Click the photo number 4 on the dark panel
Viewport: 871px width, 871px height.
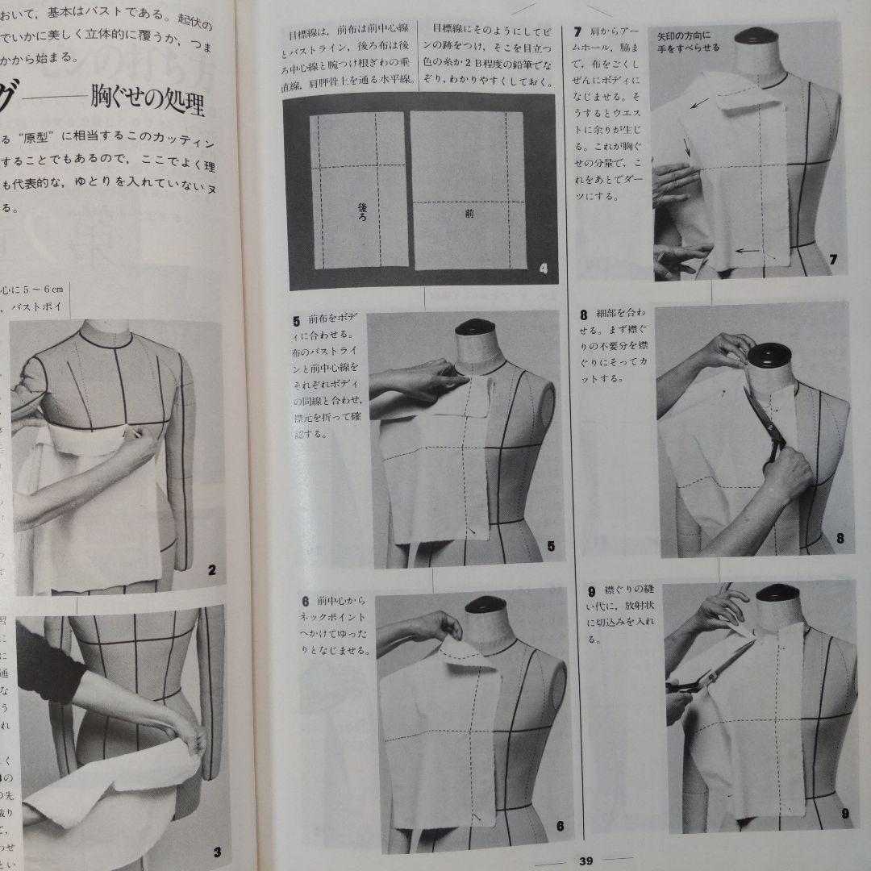pos(543,269)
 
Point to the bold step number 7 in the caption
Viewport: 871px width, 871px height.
pos(577,32)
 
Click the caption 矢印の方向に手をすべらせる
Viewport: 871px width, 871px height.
pos(688,42)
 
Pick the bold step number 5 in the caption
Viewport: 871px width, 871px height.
pos(298,320)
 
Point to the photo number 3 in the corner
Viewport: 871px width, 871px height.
pos(216,829)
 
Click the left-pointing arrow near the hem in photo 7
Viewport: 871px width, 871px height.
pos(748,251)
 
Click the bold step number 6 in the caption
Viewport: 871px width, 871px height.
pos(305,600)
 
